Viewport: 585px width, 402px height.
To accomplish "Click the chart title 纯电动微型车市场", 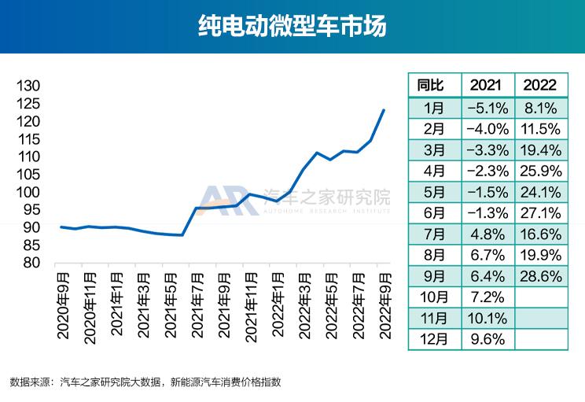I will (292, 27).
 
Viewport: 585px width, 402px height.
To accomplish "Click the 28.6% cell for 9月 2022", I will (540, 275).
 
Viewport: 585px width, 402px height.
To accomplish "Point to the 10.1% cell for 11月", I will (486, 318).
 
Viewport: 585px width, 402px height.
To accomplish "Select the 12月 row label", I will (431, 339).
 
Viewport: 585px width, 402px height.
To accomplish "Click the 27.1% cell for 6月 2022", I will (540, 212).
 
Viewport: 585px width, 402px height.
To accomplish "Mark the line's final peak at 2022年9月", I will (384, 109).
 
